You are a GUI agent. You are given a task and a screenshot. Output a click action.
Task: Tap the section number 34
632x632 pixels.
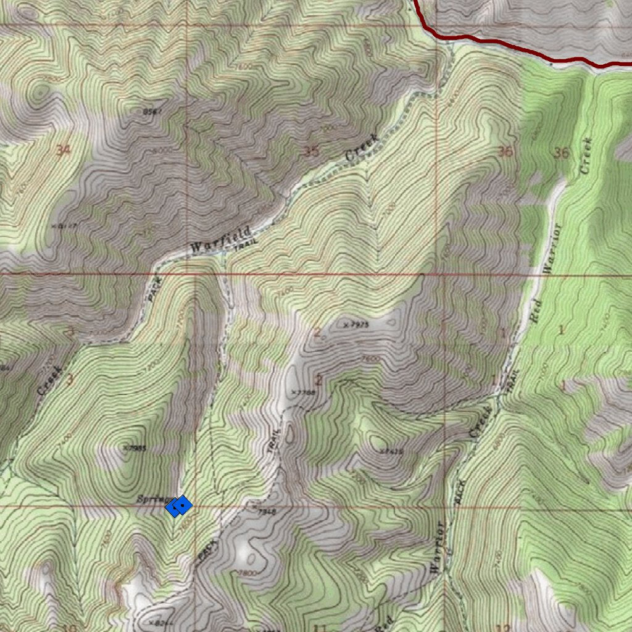point(63,150)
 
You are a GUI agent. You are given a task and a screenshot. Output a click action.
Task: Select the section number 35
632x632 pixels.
point(312,151)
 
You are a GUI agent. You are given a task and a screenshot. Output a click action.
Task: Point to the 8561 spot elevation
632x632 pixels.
point(152,112)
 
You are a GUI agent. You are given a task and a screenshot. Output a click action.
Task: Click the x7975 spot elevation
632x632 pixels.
point(355,324)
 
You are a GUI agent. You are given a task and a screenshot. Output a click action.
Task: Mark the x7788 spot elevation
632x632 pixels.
point(304,392)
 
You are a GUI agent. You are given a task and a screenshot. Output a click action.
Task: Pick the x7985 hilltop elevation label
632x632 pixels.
point(135,448)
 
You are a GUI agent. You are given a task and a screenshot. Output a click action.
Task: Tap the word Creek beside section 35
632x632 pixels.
point(362,148)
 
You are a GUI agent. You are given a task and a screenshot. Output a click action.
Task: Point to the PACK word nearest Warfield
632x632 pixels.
point(155,288)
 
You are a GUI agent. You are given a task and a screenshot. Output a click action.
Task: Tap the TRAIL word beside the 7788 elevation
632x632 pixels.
point(275,441)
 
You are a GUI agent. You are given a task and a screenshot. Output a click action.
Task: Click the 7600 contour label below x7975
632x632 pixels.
point(370,359)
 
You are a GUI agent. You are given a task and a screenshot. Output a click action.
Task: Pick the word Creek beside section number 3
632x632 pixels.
point(50,380)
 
